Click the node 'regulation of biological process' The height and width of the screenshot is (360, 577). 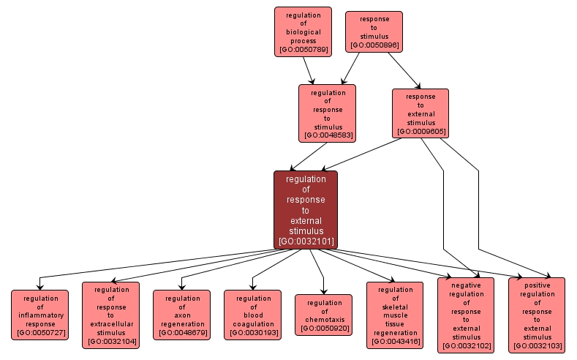(303, 31)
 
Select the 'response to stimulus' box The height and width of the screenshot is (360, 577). (374, 31)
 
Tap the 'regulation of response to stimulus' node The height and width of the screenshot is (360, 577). (327, 113)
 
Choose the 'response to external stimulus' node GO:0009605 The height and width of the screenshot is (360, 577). (420, 113)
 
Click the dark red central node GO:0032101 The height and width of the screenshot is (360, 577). (305, 210)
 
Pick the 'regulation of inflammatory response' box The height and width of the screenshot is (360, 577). (39, 315)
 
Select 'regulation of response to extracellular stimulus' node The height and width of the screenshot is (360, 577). (110, 315)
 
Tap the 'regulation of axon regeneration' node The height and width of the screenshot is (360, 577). (181, 315)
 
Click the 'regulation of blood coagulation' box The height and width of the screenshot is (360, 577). (252, 315)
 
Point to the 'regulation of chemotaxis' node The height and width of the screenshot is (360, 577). (323, 315)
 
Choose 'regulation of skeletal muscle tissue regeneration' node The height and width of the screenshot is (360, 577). (395, 315)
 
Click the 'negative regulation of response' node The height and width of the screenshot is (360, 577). (466, 315)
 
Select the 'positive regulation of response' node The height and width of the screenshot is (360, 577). (537, 315)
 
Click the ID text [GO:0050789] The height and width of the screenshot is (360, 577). (303, 50)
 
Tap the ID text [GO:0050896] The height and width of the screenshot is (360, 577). (374, 45)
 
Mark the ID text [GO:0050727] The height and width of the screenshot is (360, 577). (39, 334)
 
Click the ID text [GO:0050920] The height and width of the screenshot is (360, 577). (323, 329)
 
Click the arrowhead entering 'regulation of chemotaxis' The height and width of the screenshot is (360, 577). (323, 291)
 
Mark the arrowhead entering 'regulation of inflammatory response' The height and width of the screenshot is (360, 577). (39, 286)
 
